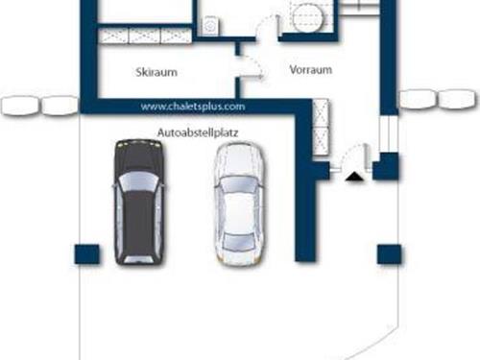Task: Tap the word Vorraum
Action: [x=310, y=70]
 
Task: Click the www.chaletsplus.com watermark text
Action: [x=192, y=107]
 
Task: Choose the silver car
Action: [x=235, y=204]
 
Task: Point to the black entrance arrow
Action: [x=354, y=176]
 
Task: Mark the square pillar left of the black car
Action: [x=86, y=253]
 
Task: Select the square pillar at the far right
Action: [x=389, y=253]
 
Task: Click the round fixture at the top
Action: [x=307, y=16]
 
